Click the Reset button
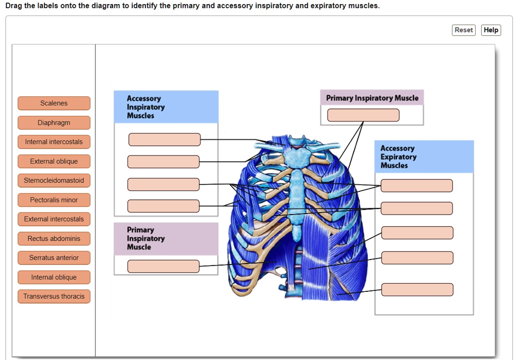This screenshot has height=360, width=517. (463, 30)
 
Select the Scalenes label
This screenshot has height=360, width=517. (54, 104)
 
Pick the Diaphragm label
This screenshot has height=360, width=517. (54, 123)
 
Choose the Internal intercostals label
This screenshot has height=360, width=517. (54, 142)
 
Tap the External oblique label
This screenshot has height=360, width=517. (54, 162)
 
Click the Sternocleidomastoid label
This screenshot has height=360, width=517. (54, 181)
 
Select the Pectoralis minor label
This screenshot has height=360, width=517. (54, 200)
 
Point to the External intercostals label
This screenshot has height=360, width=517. (54, 219)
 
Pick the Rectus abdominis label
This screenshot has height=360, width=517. (54, 238)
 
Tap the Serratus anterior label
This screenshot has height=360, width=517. (54, 258)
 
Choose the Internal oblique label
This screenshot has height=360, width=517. (54, 277)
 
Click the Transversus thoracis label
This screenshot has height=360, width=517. (54, 296)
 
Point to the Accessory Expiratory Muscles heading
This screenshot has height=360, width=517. (399, 157)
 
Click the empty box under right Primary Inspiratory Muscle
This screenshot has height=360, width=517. (363, 115)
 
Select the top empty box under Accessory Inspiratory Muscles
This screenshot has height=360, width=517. (164, 139)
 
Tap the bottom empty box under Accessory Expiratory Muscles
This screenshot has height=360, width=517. (417, 290)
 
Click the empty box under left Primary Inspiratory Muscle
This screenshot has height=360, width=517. (163, 266)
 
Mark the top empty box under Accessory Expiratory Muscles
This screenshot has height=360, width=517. (417, 186)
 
